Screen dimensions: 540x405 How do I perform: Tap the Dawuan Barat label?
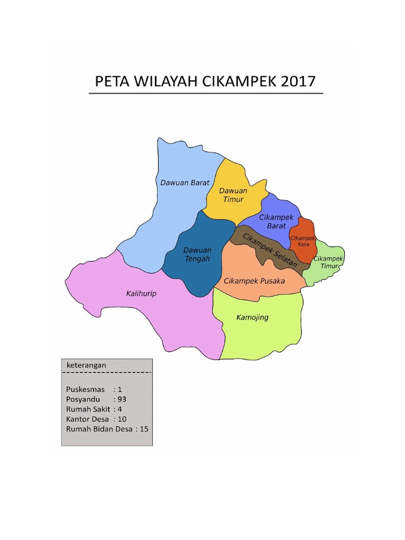click(x=185, y=182)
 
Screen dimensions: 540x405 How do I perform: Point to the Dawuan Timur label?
click(x=233, y=195)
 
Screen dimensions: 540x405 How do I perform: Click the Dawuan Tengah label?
click(x=197, y=254)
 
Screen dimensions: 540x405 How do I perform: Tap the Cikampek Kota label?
click(x=303, y=241)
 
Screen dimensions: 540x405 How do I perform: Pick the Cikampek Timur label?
click(x=328, y=263)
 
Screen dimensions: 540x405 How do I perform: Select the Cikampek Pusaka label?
click(x=254, y=281)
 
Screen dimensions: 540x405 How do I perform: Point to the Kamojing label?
click(x=252, y=317)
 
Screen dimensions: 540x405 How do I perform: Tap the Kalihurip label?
click(x=141, y=293)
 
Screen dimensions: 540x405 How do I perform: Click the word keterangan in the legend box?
click(x=86, y=365)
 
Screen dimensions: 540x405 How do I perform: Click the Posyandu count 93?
click(x=122, y=399)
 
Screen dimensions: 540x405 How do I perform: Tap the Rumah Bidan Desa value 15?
click(x=144, y=429)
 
